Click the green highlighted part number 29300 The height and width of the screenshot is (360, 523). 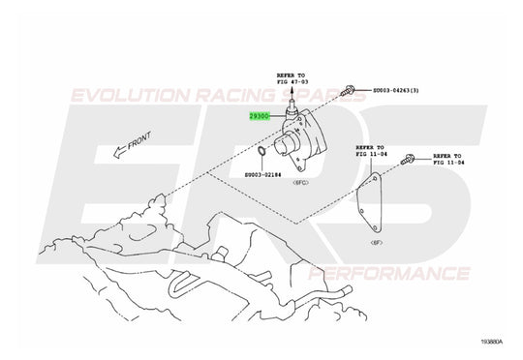(x=260, y=115)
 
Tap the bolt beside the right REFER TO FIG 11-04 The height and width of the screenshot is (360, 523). (x=414, y=157)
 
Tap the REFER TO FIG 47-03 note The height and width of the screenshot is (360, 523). (x=290, y=77)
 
